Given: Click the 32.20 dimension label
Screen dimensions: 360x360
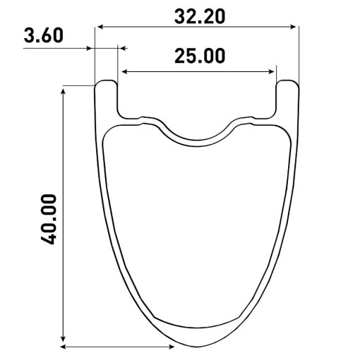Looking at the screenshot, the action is (200, 17).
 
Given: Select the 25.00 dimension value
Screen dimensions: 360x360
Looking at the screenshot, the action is (200, 56).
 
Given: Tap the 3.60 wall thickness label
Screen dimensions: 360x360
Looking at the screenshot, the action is (44, 35).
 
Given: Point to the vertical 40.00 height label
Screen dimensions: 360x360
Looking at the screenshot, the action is (49, 220).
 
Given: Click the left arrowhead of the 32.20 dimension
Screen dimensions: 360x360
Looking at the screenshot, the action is (100, 27).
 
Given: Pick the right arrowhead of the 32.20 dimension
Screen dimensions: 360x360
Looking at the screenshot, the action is (293, 27).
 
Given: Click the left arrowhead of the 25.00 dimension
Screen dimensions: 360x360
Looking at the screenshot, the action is (125, 71).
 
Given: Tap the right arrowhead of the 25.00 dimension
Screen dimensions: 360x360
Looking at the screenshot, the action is (271, 71).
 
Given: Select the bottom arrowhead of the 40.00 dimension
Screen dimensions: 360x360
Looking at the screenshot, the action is (63, 338).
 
